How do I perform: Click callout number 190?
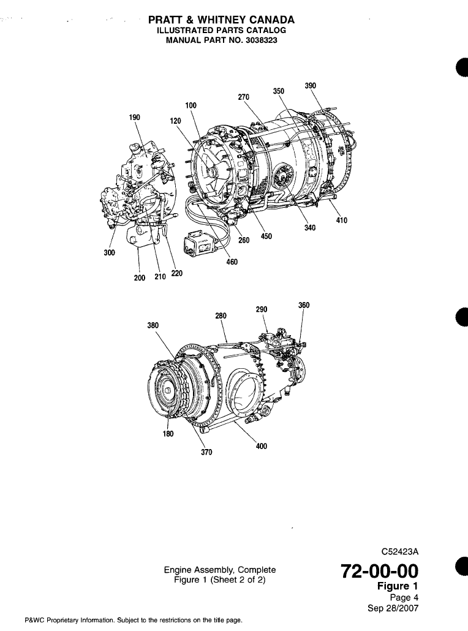tap(135, 116)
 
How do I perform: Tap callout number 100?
tap(191, 105)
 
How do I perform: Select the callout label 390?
tap(311, 86)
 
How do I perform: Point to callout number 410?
tap(341, 221)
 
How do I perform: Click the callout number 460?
tap(232, 262)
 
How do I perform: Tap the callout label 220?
tap(176, 274)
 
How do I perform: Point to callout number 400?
tap(262, 446)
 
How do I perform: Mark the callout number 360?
tap(304, 305)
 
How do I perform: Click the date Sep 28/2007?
tap(392, 608)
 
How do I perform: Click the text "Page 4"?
tap(404, 598)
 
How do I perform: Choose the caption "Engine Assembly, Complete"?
tap(220, 569)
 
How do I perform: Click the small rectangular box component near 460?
tap(202, 244)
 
